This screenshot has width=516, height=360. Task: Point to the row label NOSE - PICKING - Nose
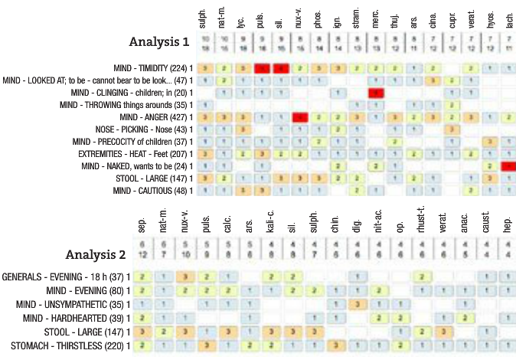pos(143,129)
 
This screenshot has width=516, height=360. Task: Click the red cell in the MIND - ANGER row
pos(299,117)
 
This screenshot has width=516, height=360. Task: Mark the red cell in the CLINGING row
pos(376,93)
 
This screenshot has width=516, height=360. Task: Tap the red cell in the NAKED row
pos(509,166)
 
